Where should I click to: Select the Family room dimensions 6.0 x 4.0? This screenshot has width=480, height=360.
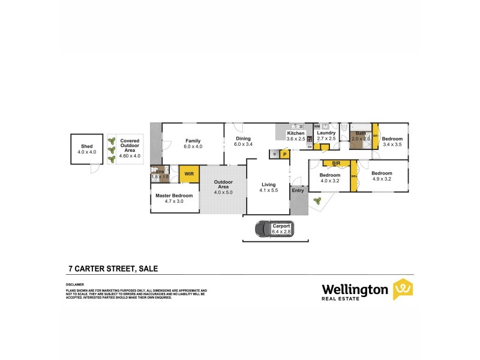[193, 146]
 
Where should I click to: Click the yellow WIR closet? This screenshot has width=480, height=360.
[189, 174]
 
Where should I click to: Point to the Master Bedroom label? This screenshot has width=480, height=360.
[174, 196]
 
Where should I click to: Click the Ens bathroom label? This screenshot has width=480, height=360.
[160, 172]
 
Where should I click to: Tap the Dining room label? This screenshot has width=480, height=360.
[243, 139]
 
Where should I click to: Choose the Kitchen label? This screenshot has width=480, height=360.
[296, 133]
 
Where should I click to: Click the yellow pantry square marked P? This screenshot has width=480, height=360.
[284, 154]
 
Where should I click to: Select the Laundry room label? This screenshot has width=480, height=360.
[326, 133]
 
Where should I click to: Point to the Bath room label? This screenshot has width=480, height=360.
[361, 133]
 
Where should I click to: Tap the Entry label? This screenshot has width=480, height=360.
[298, 190]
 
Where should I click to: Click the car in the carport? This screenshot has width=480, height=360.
[264, 229]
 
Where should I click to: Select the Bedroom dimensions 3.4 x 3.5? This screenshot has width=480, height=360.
[392, 145]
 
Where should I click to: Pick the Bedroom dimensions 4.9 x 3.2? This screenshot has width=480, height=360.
[382, 178]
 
